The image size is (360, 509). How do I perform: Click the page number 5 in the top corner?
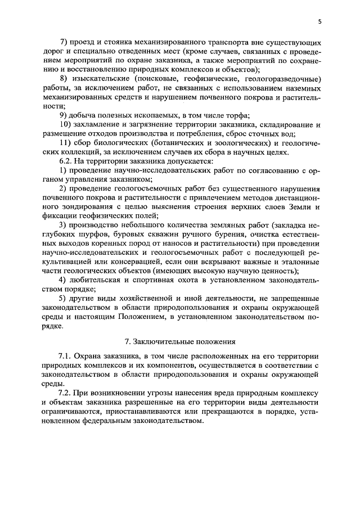click(319, 22)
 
